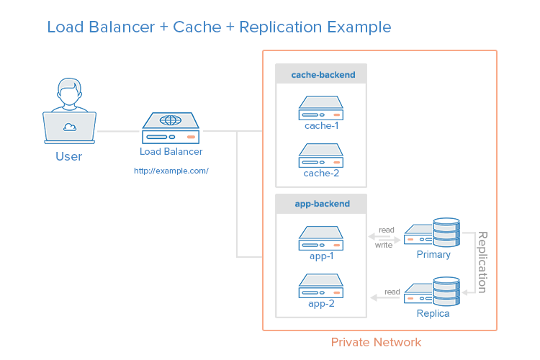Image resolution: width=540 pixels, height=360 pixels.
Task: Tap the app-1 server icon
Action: coord(321,237)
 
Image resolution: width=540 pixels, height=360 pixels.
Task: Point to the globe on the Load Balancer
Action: coord(171,120)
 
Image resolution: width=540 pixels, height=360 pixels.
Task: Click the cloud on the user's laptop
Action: coord(70,127)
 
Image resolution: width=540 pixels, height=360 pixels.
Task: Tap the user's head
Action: coord(69,93)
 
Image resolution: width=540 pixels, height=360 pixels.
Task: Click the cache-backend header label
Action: coord(321,74)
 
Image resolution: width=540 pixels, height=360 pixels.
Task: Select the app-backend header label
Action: coord(322,204)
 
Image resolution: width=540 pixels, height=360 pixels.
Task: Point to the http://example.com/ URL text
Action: coord(171,171)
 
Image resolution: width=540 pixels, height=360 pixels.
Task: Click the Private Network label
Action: coord(376,342)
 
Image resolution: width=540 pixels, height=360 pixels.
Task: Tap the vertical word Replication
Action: coord(482,262)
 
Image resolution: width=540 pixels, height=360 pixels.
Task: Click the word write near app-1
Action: coord(384,246)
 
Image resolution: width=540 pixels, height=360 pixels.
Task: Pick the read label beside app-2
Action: coord(392,292)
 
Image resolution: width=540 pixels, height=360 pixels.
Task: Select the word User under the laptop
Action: coord(69,156)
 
